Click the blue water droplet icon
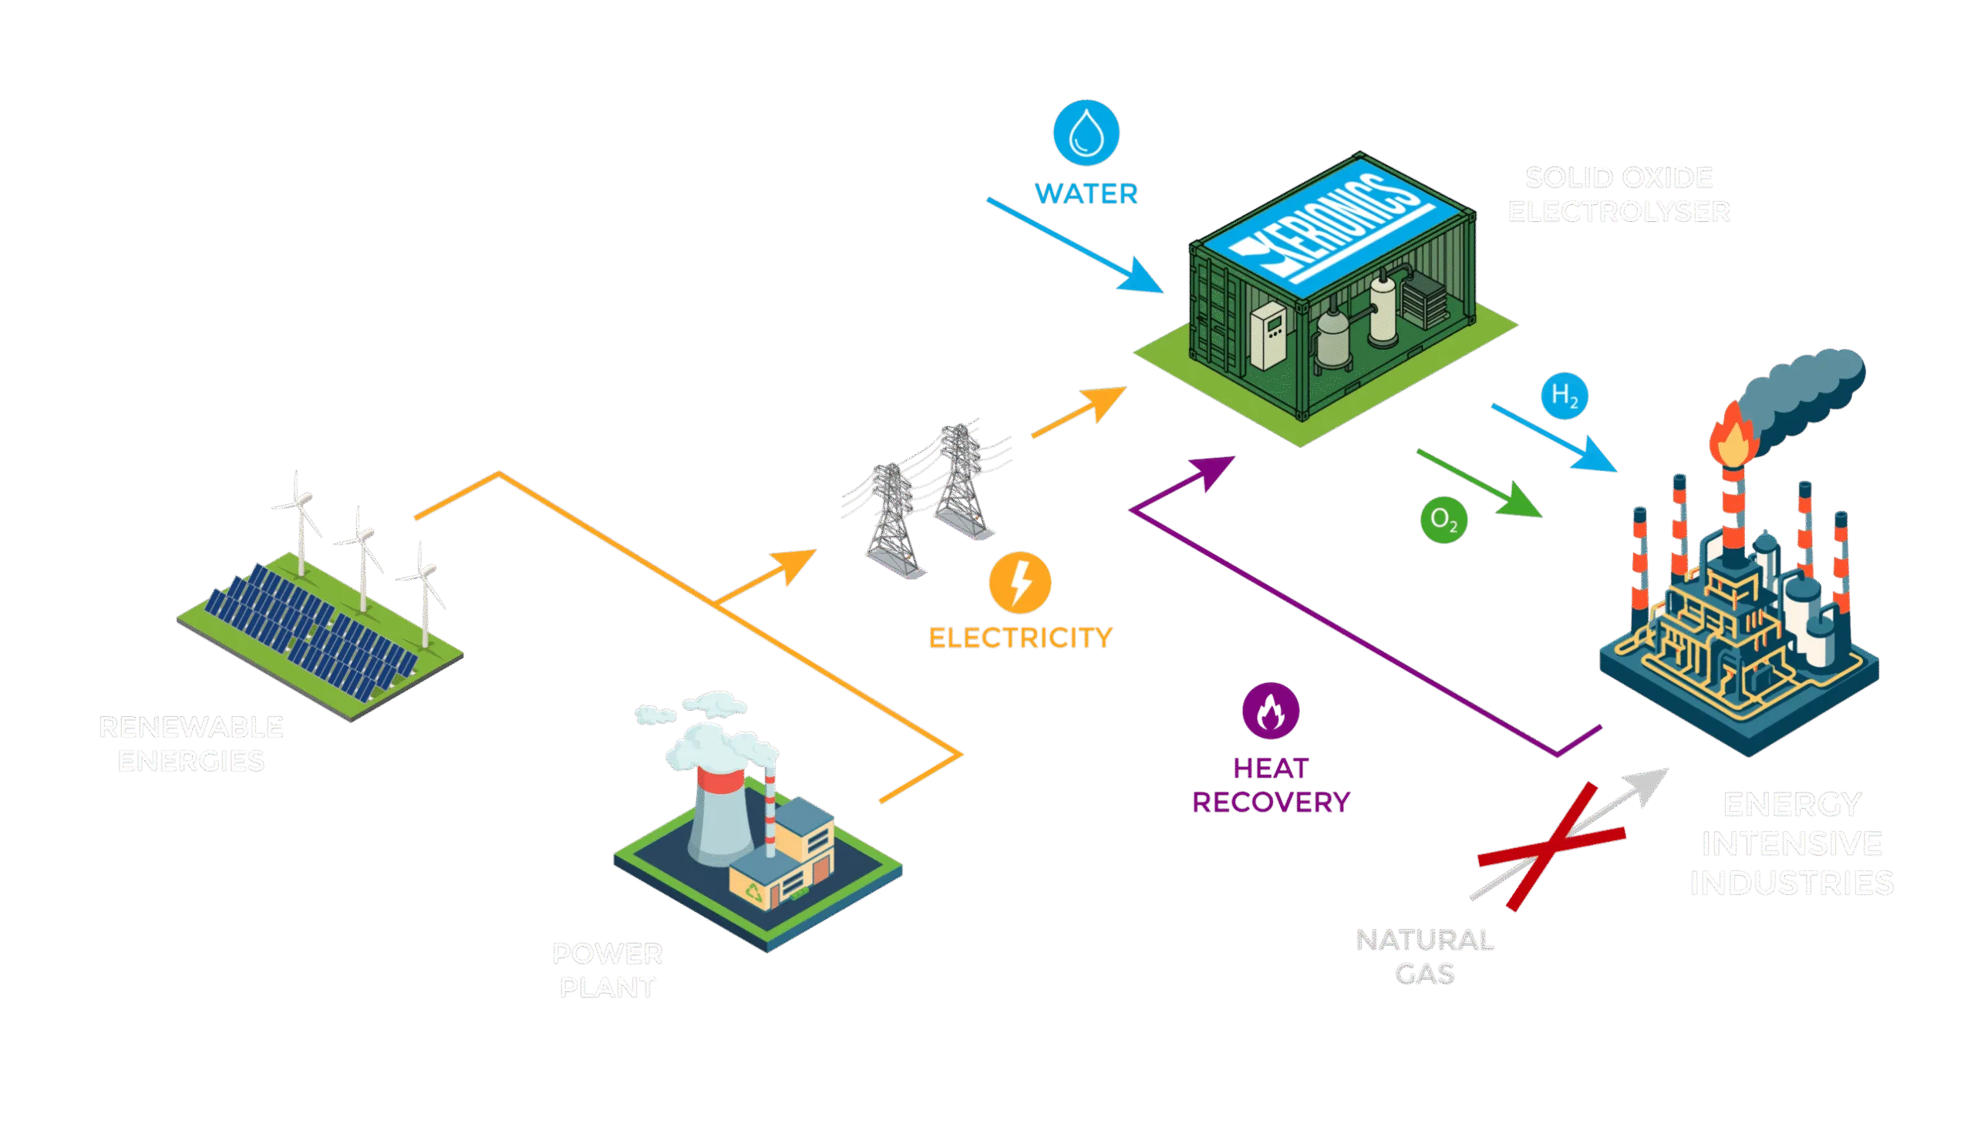click(1086, 132)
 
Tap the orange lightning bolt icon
click(1020, 583)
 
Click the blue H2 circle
click(1565, 397)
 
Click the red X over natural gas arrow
click(1551, 845)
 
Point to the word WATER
click(1086, 193)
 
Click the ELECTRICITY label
click(1020, 638)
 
